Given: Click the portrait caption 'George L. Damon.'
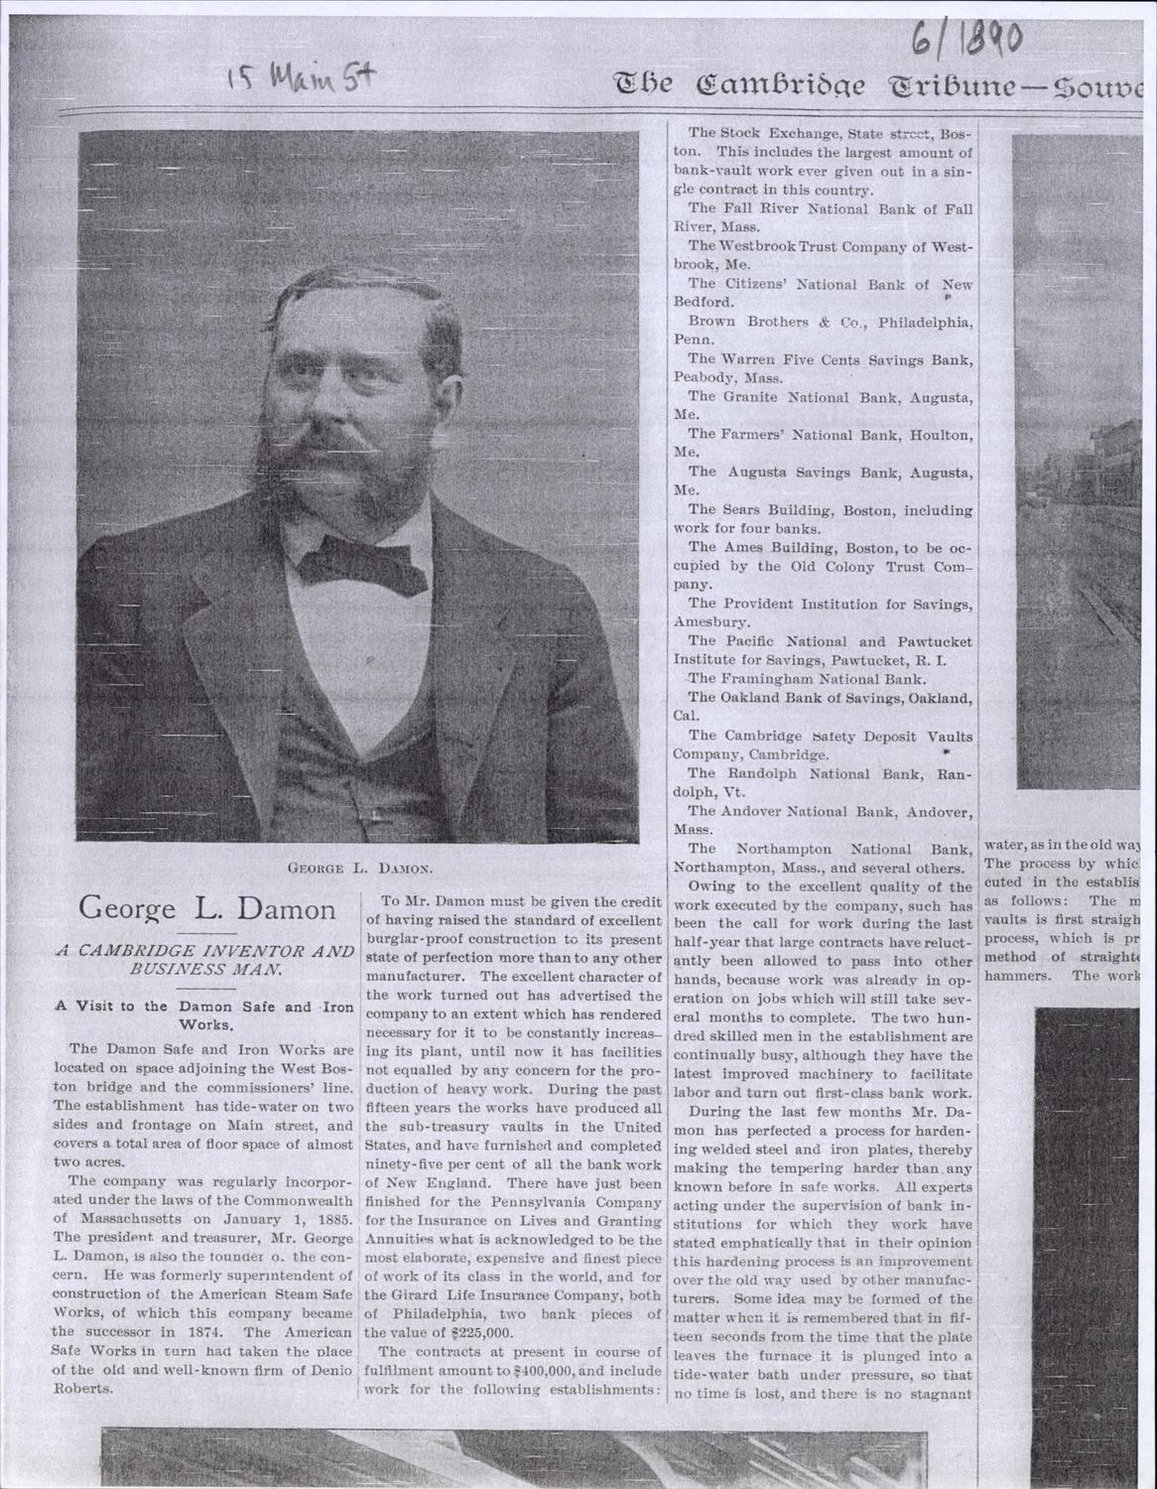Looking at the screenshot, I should click(357, 868).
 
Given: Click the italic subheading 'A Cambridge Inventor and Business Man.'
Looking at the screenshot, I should click(204, 959).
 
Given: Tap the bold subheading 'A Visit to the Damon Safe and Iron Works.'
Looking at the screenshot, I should click(204, 1015).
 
